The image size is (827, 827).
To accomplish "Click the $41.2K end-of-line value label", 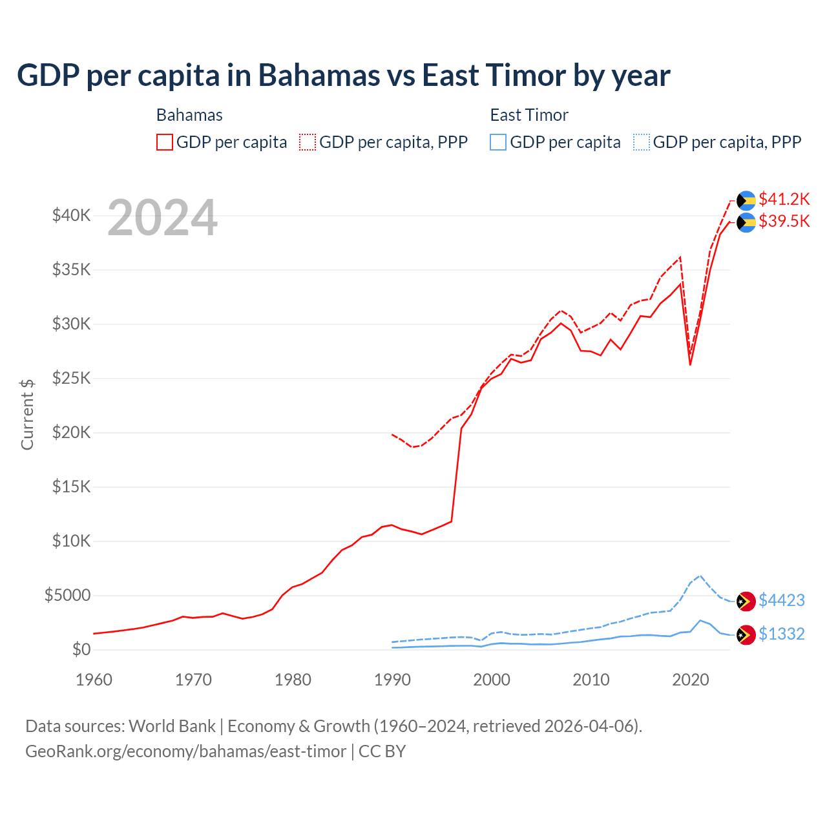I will [784, 199].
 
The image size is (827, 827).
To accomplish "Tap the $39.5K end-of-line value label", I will [784, 222].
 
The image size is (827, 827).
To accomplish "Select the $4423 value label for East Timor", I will [781, 601].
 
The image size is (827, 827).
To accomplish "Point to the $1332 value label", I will [781, 634].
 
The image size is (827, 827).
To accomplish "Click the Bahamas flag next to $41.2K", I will [746, 200].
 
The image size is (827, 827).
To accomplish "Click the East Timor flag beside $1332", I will [746, 634].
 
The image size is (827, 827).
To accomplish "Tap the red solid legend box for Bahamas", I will [165, 142].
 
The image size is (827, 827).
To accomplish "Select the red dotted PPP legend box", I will [308, 142].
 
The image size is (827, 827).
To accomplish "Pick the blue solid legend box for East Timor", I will [498, 142].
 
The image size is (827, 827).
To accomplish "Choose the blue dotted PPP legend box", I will [642, 142].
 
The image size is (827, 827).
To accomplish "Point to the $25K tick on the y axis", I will [71, 379].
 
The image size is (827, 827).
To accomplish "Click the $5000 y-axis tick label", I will [67, 596].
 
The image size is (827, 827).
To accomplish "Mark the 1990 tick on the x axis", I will [392, 680].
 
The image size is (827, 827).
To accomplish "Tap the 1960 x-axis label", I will [94, 680].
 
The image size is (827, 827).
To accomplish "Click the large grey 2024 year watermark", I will [162, 218].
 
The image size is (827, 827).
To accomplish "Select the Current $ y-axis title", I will [27, 415].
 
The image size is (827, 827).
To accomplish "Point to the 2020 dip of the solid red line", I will [690, 364].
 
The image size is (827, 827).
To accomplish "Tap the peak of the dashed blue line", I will [700, 575].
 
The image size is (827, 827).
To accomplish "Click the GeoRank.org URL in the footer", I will [185, 751].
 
